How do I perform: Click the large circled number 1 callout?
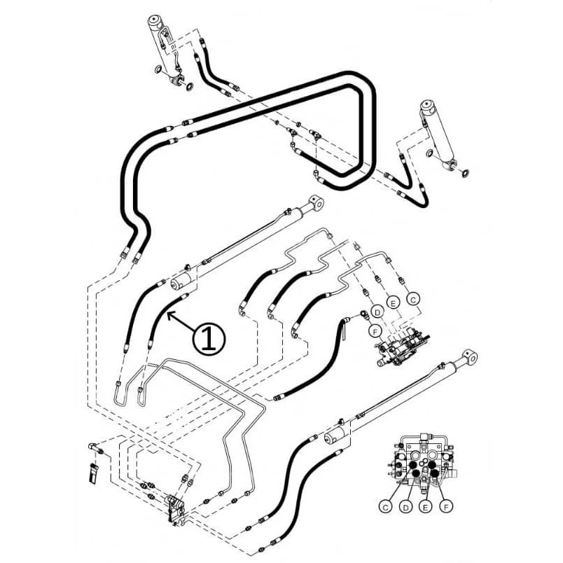click(209, 339)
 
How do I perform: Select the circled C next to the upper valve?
click(413, 299)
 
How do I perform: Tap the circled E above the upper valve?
click(393, 303)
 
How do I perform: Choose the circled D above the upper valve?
click(377, 312)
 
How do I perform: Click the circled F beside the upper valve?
click(375, 331)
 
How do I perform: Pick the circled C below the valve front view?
click(385, 507)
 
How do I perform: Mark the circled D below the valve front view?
click(405, 507)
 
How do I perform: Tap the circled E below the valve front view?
click(426, 507)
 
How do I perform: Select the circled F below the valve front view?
click(446, 506)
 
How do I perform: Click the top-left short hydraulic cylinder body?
click(164, 47)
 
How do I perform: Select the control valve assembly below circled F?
click(401, 347)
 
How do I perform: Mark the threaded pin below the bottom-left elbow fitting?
click(93, 473)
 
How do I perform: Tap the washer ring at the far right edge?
click(465, 174)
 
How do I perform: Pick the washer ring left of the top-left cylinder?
click(158, 69)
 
